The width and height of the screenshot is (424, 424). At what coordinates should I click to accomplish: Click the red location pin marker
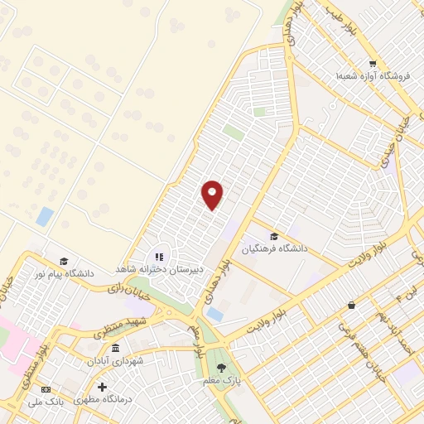[213, 194]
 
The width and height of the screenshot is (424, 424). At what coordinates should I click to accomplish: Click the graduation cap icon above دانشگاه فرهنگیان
[273, 236]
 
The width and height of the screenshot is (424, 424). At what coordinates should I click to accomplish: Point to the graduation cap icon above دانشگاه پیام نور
[64, 261]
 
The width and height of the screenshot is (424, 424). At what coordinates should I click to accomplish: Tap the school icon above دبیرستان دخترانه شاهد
[159, 257]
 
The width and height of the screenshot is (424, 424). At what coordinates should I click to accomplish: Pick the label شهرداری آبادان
[116, 362]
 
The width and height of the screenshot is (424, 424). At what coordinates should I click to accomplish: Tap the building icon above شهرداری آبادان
[115, 348]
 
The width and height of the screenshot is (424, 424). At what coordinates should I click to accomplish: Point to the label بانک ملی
[46, 402]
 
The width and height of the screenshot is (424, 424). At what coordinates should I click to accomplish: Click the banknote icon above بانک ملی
[46, 390]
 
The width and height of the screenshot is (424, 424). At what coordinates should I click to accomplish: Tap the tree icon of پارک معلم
[220, 367]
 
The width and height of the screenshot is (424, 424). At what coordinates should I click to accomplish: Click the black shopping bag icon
[352, 305]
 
